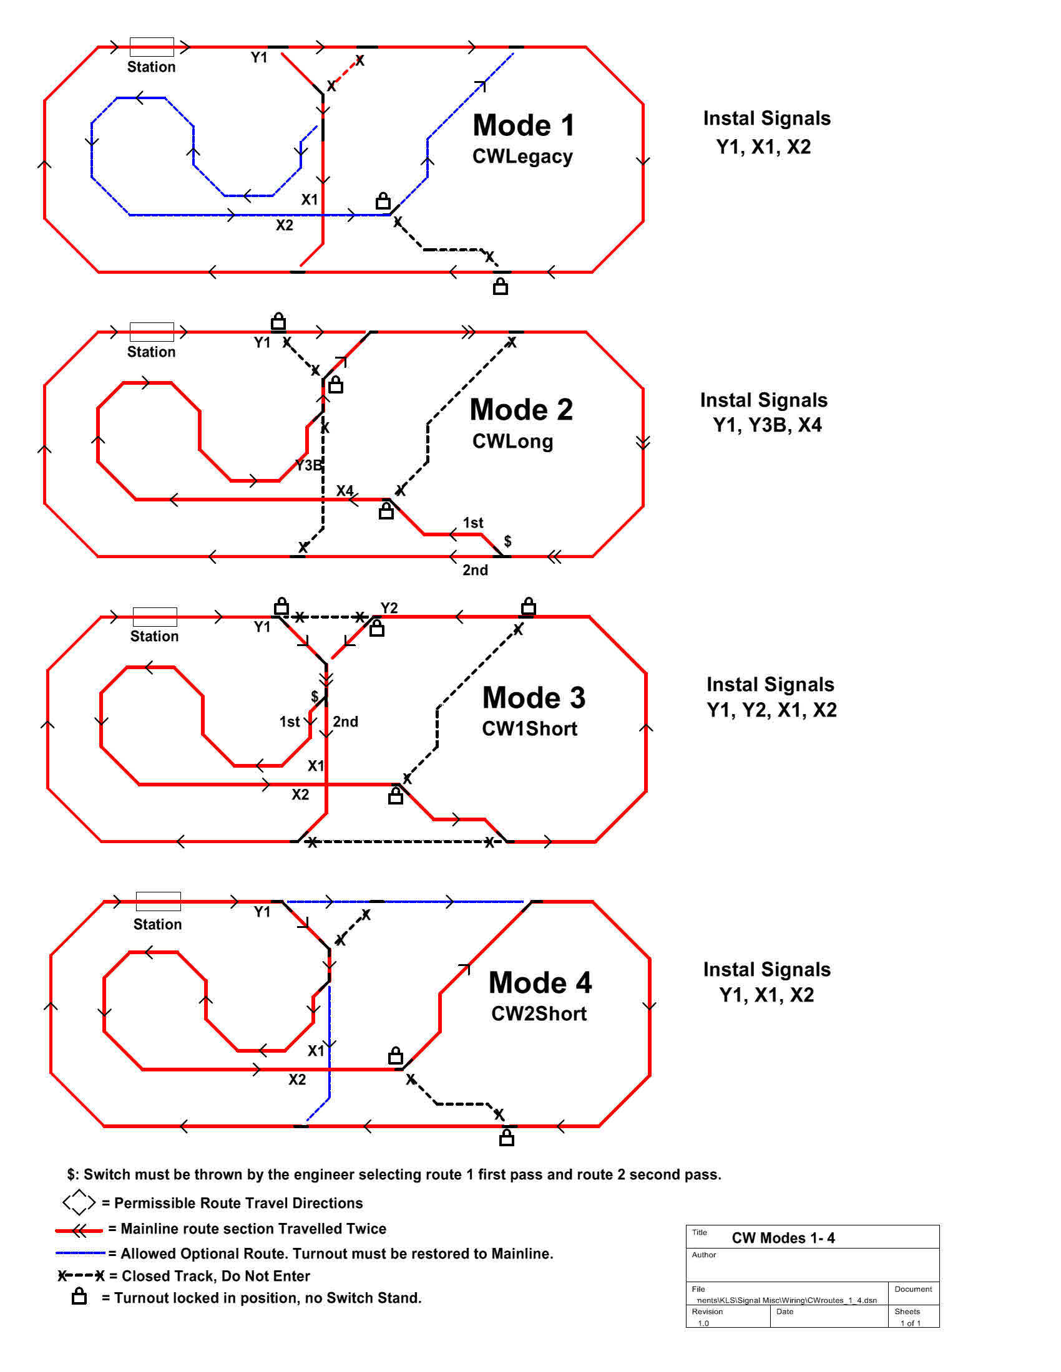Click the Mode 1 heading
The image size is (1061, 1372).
524,125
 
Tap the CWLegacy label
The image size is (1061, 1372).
522,157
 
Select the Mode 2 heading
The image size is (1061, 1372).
521,410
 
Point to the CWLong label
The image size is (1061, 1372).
513,441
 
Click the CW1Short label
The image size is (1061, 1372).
529,728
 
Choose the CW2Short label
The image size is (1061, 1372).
539,1013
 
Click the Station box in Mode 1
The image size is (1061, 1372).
152,47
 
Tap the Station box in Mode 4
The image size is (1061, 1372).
159,902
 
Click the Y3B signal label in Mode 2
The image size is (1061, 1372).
308,465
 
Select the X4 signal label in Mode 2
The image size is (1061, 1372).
345,490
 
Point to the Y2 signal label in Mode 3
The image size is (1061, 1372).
389,607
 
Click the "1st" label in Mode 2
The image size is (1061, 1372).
472,523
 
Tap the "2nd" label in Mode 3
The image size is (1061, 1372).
346,721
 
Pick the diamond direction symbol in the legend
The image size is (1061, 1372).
79,1202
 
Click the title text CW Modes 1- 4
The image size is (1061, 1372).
783,1237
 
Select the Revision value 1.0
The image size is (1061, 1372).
703,1322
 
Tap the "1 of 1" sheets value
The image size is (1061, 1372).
910,1322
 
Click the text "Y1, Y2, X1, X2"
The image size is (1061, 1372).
771,710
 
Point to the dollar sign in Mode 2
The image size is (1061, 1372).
508,541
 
